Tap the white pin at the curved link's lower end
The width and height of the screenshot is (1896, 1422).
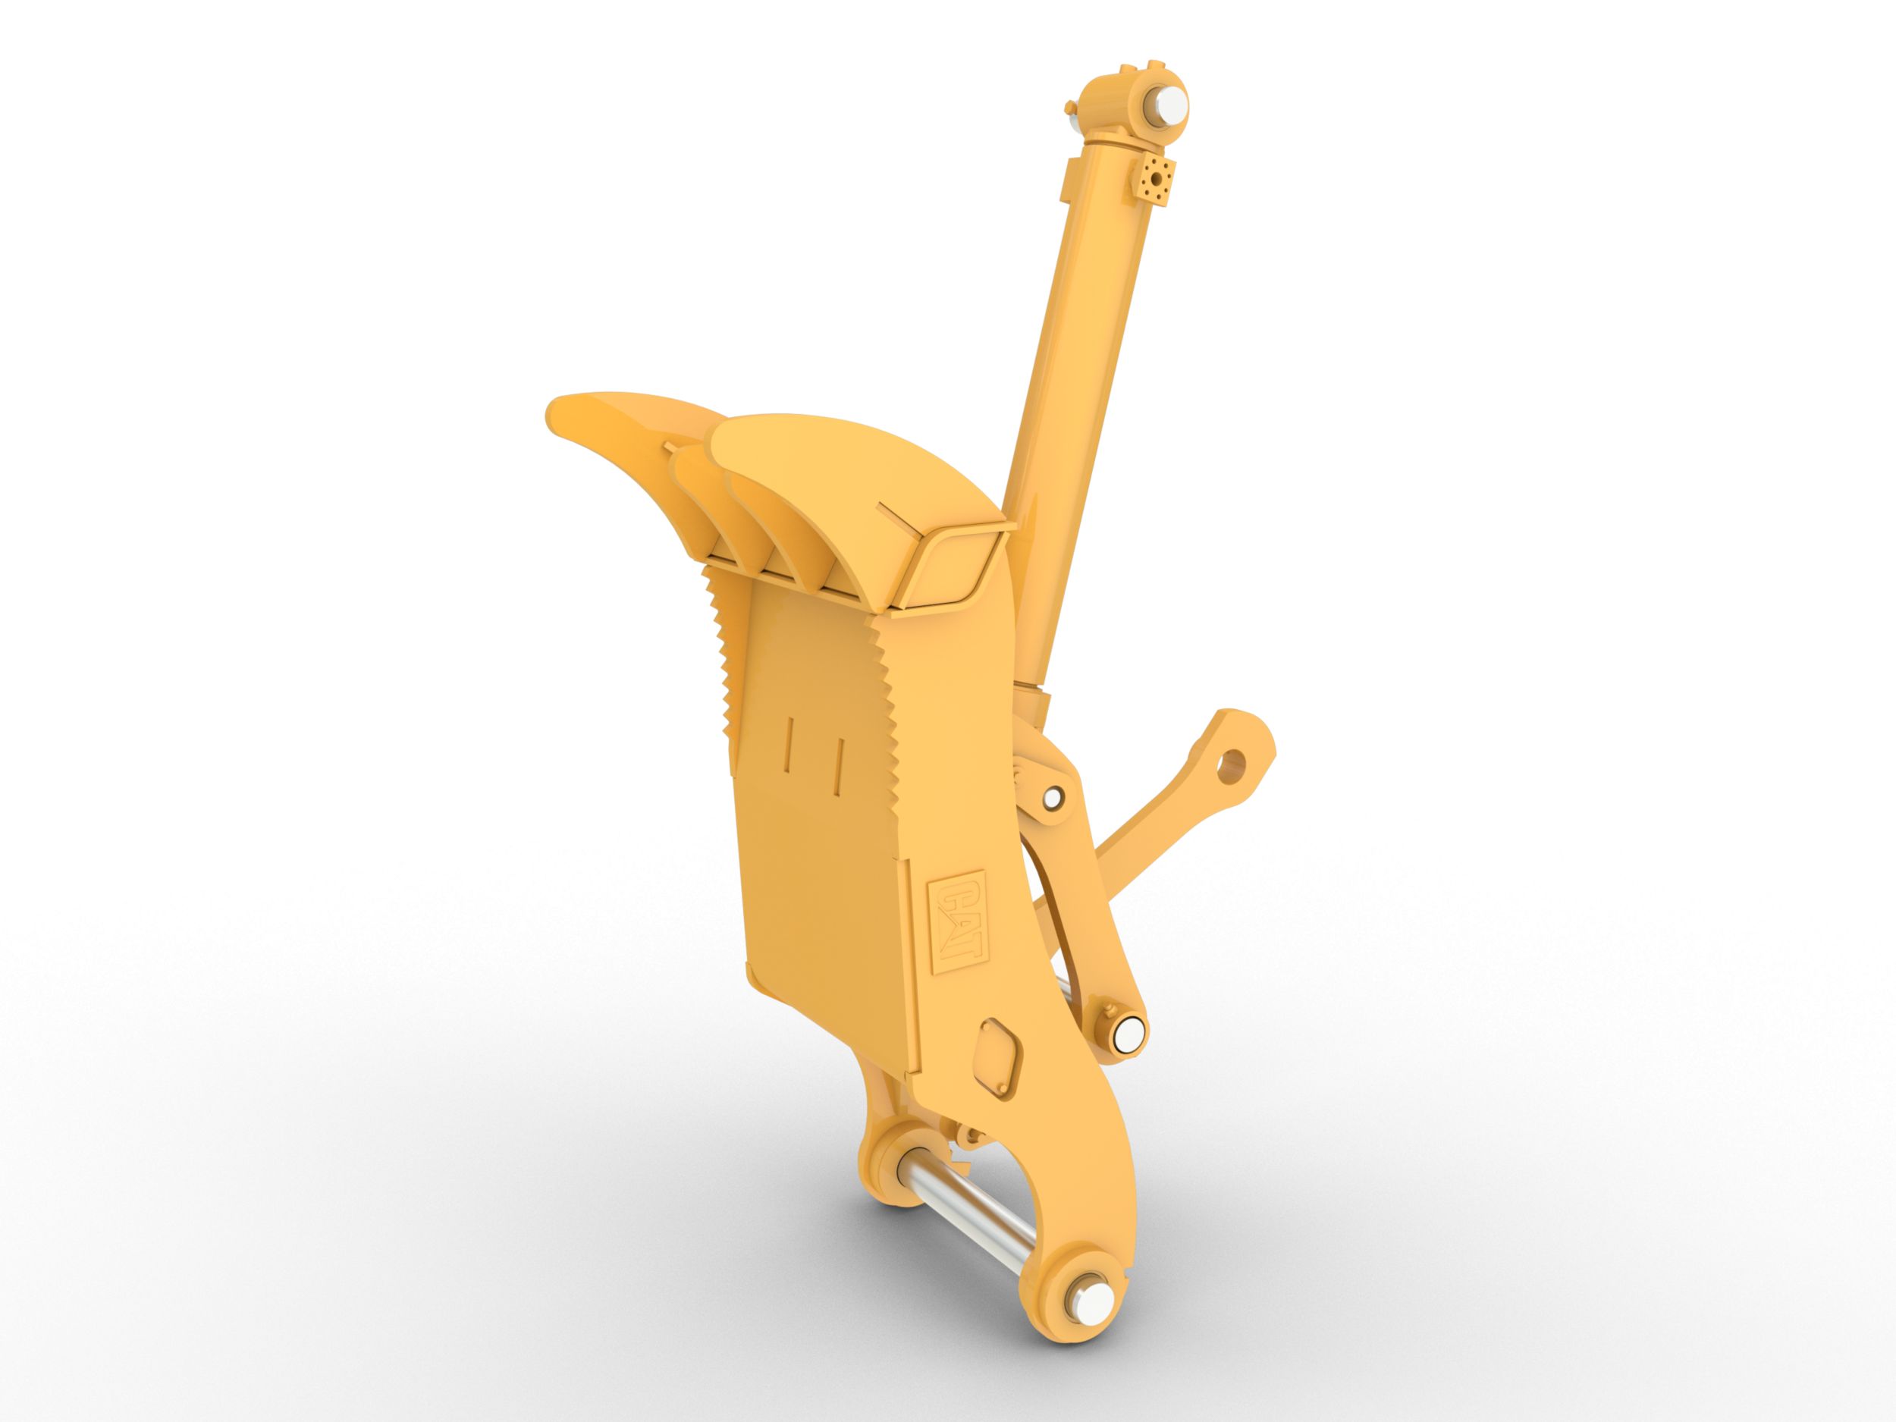click(x=1128, y=1030)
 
